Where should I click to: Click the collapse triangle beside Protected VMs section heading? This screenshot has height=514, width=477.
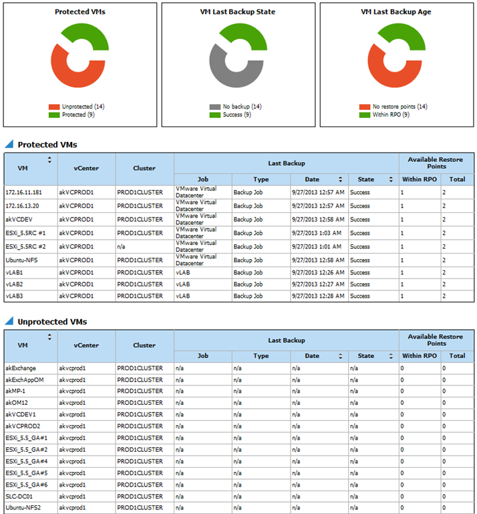pyautogui.click(x=9, y=144)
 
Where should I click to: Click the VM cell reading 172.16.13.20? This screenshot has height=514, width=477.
pyautogui.click(x=24, y=205)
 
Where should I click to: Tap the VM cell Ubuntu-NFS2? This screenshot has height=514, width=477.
pyautogui.click(x=23, y=507)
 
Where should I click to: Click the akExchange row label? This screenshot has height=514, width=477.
pyautogui.click(x=21, y=367)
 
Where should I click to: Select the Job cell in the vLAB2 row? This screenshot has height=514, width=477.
pyautogui.click(x=184, y=284)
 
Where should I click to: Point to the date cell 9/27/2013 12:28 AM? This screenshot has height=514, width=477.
pyautogui.click(x=318, y=296)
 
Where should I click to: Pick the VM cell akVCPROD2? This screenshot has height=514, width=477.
pyautogui.click(x=22, y=426)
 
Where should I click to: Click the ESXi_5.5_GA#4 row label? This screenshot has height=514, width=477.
pyautogui.click(x=27, y=461)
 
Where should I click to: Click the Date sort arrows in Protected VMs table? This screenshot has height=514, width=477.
pyautogui.click(x=341, y=179)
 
